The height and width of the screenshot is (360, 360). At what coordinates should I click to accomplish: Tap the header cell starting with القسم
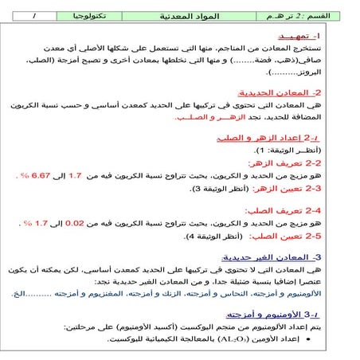(307, 15)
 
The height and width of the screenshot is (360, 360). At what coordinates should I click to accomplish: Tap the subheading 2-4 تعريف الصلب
(311, 210)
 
